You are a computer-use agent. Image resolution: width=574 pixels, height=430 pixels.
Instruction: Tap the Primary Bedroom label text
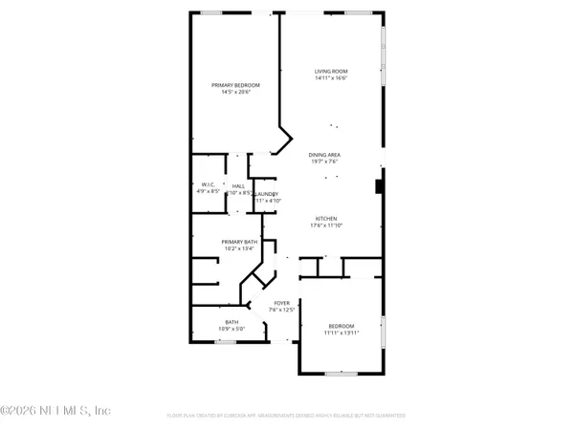click(235, 85)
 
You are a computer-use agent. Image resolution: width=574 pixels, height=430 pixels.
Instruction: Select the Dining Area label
click(324, 155)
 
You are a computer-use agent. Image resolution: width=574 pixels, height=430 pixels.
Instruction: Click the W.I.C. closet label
click(209, 184)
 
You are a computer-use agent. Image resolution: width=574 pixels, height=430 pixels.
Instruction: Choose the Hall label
click(238, 186)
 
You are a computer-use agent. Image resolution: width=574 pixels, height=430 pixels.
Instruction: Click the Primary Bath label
click(240, 242)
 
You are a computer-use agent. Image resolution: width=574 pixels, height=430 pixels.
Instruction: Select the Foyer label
click(280, 303)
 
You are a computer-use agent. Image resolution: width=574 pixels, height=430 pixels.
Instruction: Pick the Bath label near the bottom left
click(232, 322)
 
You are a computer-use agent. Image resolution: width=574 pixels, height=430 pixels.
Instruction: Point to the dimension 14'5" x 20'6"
click(235, 92)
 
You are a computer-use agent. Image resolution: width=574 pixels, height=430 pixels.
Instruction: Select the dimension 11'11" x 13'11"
click(342, 333)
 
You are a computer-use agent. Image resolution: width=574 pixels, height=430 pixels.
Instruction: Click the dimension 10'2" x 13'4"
click(240, 248)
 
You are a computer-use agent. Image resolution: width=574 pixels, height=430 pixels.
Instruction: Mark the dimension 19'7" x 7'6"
click(324, 161)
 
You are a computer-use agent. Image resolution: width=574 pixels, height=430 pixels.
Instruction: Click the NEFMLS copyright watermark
click(56, 410)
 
